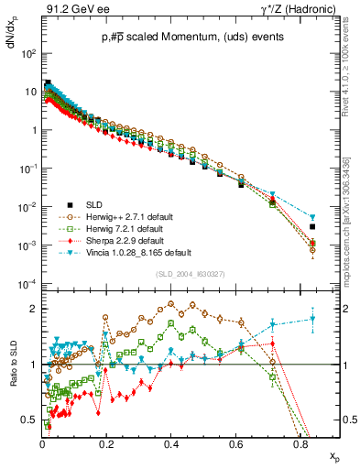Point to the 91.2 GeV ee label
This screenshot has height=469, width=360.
(x=72, y=9)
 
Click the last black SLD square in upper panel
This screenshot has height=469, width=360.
(x=312, y=226)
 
